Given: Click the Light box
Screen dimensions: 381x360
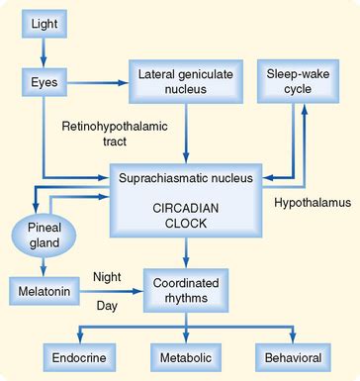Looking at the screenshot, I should click(x=41, y=23).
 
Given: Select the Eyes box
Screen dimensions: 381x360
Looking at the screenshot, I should click(x=41, y=77).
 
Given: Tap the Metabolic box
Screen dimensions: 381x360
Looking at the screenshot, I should click(x=185, y=355).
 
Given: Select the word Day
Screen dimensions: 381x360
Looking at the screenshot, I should click(x=106, y=306).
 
